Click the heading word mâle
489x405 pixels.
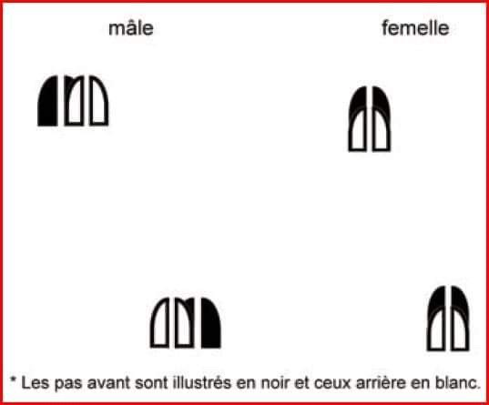point(131,28)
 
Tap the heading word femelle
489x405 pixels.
point(415,27)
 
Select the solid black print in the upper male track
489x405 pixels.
point(47,101)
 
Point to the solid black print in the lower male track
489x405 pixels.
point(211,323)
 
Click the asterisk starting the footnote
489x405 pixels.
point(13,380)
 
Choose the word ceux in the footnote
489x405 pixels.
point(331,383)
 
